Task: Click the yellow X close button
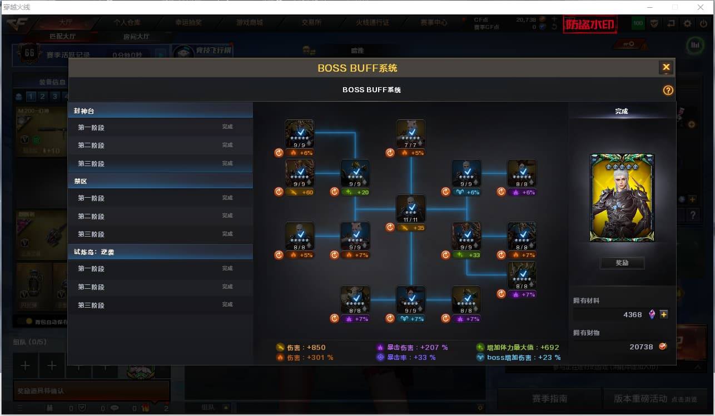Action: tap(666, 68)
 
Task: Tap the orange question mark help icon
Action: tap(668, 91)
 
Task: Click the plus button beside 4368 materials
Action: tap(664, 314)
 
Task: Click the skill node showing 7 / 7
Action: tap(411, 134)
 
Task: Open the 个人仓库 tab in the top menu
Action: tap(127, 23)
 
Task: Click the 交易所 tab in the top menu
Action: tap(311, 23)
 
